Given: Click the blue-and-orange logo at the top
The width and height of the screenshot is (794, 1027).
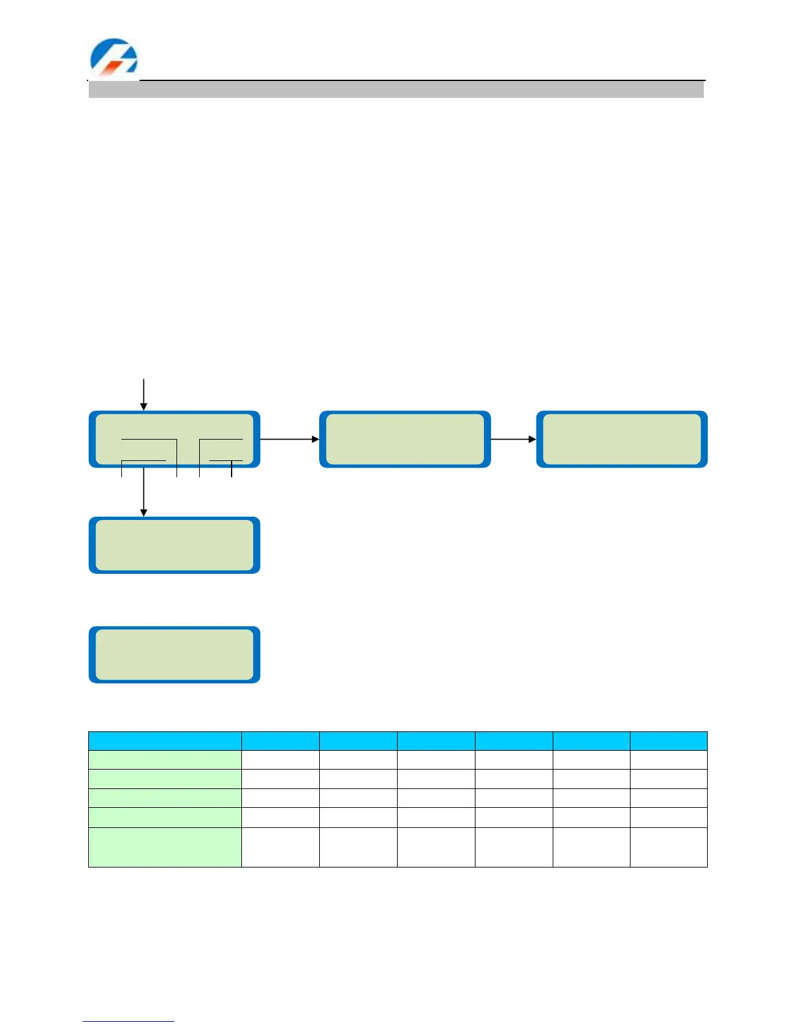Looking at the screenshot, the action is [x=114, y=56].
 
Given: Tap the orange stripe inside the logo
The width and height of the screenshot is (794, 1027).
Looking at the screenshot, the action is [x=115, y=64].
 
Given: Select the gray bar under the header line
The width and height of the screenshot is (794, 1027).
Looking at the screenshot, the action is [x=396, y=89].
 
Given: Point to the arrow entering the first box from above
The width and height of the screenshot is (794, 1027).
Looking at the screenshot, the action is [x=144, y=394].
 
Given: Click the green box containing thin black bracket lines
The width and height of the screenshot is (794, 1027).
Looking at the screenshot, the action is [x=174, y=439].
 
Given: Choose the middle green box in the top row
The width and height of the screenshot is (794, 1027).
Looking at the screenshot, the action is [x=405, y=439].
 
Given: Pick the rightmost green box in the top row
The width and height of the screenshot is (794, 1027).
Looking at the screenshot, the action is [x=621, y=439].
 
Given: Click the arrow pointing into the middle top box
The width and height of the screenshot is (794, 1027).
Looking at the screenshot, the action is [x=289, y=439].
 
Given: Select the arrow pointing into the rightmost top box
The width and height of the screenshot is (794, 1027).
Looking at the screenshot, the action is [x=513, y=439].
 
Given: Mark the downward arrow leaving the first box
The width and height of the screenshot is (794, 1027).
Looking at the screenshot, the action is [x=144, y=493].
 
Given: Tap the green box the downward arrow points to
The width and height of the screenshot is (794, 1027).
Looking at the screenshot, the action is [x=174, y=545].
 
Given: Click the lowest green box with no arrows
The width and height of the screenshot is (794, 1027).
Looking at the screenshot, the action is [x=174, y=655].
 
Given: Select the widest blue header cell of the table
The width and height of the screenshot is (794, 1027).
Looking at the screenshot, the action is [x=165, y=741].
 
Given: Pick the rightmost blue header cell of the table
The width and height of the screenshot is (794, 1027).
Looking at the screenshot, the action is [x=668, y=741].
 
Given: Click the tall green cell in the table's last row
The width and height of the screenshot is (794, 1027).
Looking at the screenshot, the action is [x=165, y=847].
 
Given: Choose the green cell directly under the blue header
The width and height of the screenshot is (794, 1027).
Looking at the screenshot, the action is [x=165, y=760].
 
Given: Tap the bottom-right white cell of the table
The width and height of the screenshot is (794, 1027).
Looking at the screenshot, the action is [x=668, y=847].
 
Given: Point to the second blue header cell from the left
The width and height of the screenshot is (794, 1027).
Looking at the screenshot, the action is [x=280, y=741].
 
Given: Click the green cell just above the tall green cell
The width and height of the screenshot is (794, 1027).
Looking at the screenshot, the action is [x=165, y=817].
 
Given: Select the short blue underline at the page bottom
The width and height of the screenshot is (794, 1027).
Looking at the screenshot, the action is [x=128, y=1021].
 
